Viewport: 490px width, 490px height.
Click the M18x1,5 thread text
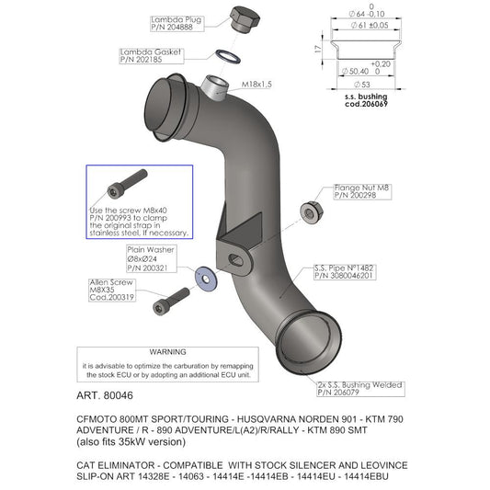[256, 85]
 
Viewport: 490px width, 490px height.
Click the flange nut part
[310, 211]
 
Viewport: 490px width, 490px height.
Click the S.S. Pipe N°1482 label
[342, 272]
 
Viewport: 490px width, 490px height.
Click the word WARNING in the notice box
[168, 352]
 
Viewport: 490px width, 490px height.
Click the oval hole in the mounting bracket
[236, 261]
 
